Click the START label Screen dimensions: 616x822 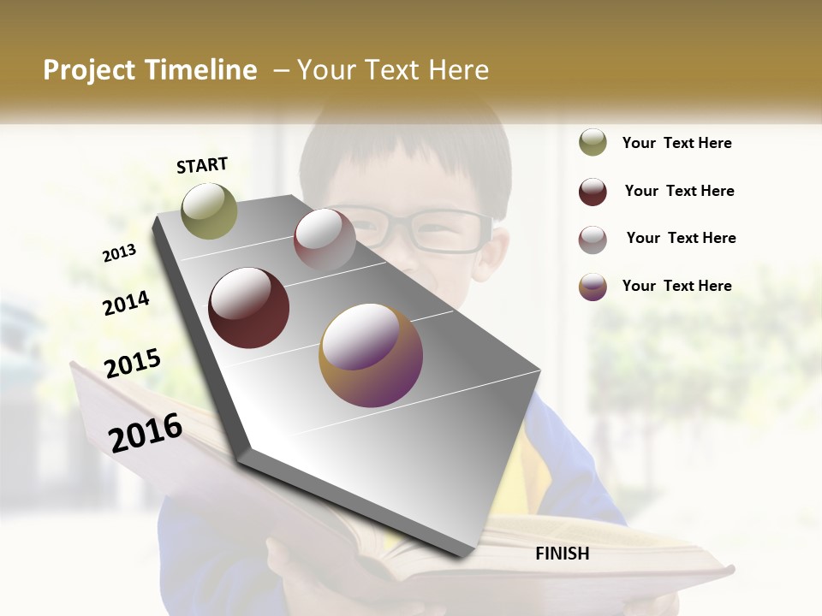202,165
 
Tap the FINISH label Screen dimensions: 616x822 562,554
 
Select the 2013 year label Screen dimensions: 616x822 119,253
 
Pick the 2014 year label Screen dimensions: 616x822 126,303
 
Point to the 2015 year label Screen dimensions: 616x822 133,364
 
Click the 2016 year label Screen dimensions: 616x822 146,432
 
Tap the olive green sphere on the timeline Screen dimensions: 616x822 209,210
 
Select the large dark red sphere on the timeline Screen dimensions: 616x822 248,308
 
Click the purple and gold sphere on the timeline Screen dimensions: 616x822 371,355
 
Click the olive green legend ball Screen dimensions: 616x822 593,143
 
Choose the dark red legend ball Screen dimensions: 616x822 593,192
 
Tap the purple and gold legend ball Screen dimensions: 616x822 593,287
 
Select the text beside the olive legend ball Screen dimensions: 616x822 676,143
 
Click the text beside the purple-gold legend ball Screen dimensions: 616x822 676,286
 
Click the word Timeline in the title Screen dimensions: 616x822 200,70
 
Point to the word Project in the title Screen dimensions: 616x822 89,70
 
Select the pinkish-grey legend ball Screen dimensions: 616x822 593,240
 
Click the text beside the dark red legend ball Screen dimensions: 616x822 679,191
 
